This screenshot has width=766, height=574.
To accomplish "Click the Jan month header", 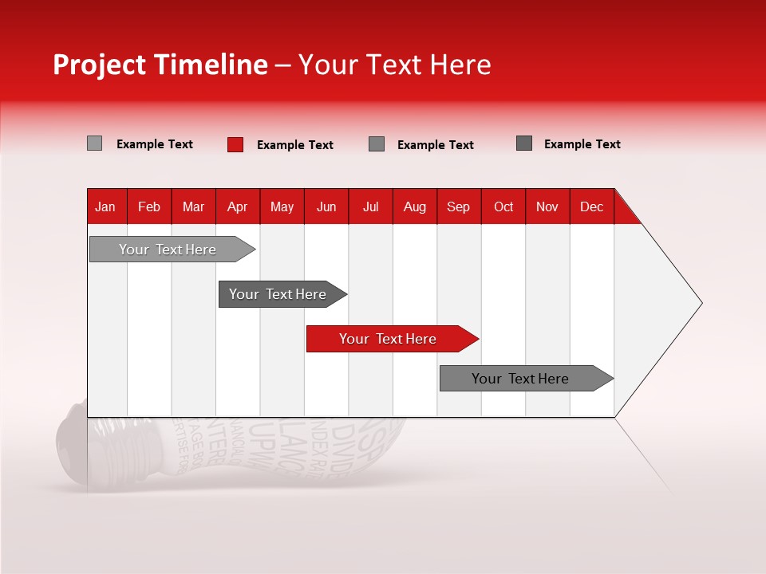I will point(105,206).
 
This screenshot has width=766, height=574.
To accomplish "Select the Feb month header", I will point(149,206).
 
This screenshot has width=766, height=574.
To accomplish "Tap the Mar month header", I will point(193,206).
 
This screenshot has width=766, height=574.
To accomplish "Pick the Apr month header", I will point(238,206).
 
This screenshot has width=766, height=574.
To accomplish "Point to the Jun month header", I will point(326,206).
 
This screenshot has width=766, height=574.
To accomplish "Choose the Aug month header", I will point(415,206).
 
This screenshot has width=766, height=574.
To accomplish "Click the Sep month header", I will point(459,206).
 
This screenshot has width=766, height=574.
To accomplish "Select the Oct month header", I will point(503,206).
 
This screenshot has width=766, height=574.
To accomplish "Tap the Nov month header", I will point(547,206).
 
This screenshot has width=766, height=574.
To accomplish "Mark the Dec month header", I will point(592,206).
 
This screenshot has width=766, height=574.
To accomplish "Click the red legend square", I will point(235,144).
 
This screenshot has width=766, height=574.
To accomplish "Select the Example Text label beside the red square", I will point(295,145).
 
